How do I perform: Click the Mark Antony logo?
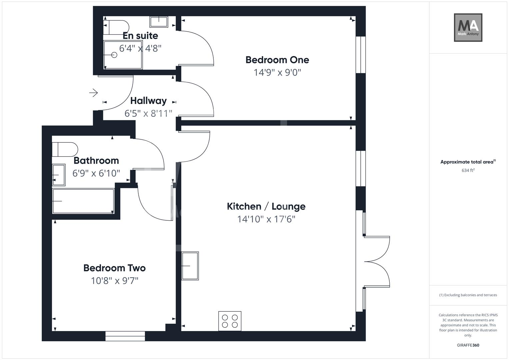point(468,28)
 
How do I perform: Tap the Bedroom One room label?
point(277,60)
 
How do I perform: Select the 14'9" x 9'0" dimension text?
point(277,73)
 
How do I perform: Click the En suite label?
point(140,36)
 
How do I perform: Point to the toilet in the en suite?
point(116,27)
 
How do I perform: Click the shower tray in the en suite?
point(123,55)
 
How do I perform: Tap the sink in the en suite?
point(159,22)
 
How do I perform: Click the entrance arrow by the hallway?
point(93,92)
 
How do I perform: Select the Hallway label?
point(148,101)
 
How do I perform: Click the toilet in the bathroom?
point(65,149)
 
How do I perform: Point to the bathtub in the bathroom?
point(83,201)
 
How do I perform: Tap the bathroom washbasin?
point(59,175)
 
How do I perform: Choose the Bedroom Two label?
point(114,268)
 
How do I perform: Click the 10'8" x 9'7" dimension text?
point(114,281)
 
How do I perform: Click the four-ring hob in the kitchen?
point(230,321)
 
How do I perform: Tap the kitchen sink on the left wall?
point(190,266)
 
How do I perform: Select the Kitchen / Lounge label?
point(266,206)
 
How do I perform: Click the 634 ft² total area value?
point(468,170)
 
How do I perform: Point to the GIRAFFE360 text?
point(468,345)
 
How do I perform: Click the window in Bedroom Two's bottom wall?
point(125,336)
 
